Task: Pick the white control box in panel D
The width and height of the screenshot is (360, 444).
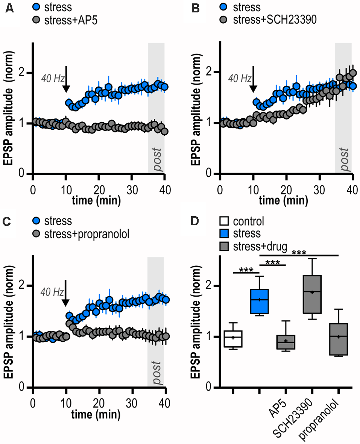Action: coord(233,339)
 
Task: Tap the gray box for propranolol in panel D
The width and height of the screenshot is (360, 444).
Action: coord(338,339)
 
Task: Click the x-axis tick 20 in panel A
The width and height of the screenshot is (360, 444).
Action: coord(99,188)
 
